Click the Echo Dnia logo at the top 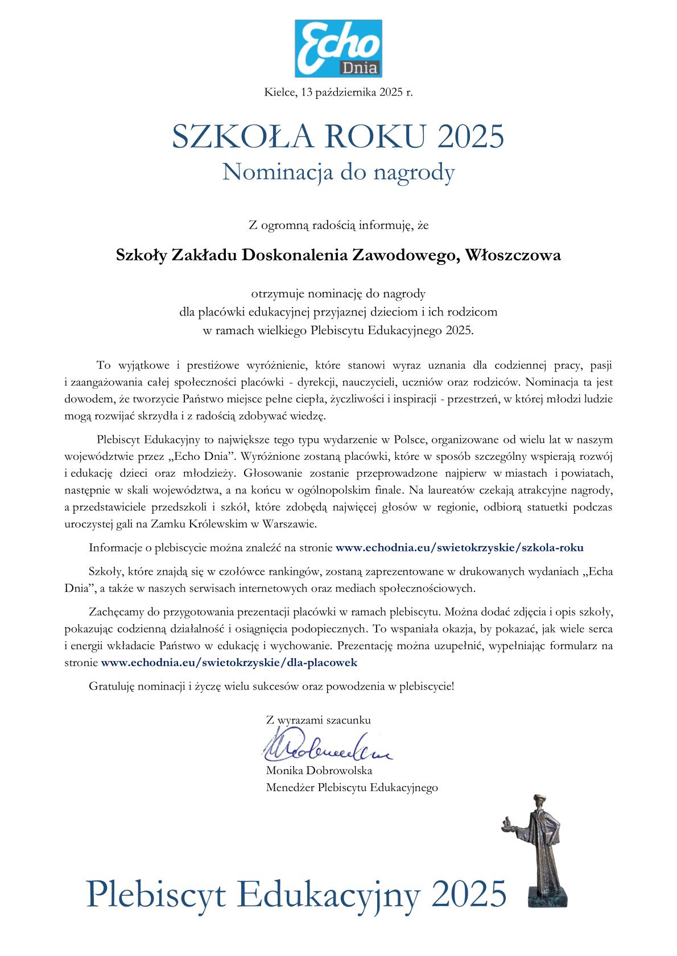(x=338, y=48)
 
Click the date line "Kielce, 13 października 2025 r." (x=338, y=92)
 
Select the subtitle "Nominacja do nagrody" (x=338, y=172)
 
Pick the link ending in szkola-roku (x=460, y=548)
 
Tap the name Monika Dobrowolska (x=319, y=771)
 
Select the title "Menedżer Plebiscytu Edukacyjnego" (x=352, y=788)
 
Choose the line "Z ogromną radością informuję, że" (x=338, y=226)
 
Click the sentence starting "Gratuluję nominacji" (x=271, y=686)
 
